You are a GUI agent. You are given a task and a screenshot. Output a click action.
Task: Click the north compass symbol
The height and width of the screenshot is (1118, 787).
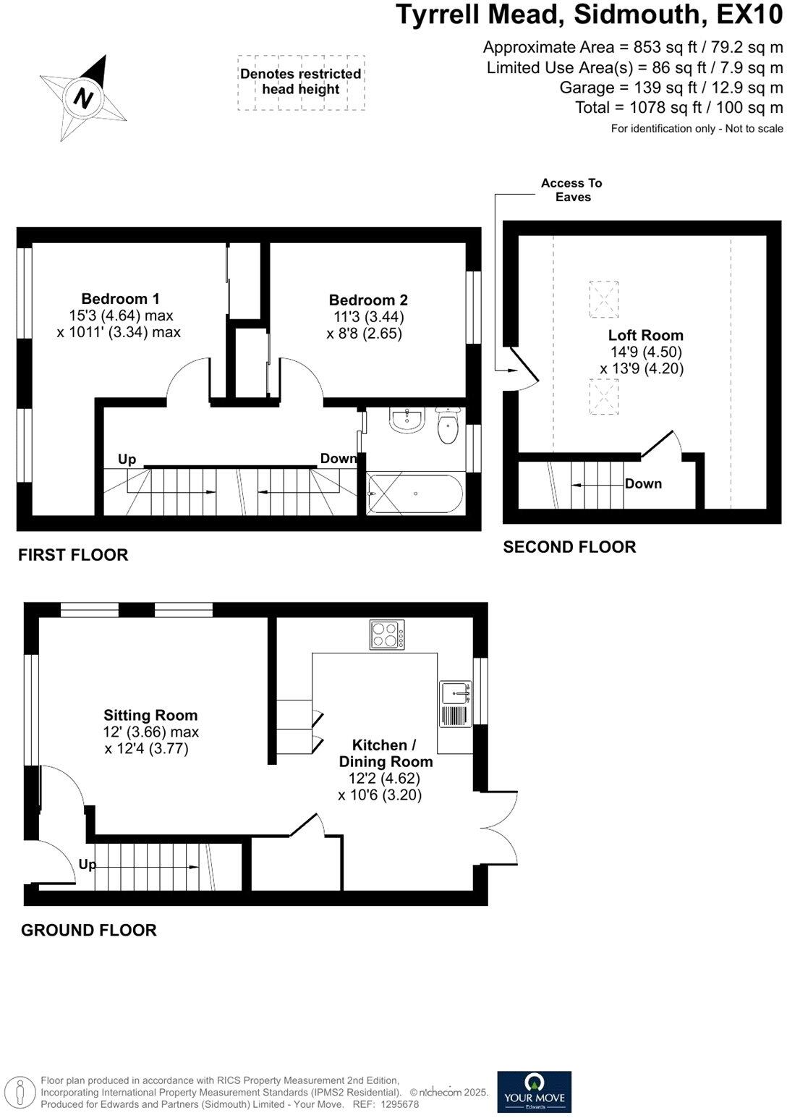84,97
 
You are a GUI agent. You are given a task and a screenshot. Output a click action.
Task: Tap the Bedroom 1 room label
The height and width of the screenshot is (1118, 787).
120,299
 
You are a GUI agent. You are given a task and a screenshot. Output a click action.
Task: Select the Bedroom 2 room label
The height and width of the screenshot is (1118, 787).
368,300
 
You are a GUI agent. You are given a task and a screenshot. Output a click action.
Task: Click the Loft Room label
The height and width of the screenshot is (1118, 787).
645,336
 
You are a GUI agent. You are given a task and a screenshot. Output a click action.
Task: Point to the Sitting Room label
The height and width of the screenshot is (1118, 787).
150,716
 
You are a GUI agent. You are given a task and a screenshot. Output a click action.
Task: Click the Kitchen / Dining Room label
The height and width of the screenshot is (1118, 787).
386,753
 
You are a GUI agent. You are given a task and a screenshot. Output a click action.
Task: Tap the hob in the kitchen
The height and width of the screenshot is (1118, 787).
387,635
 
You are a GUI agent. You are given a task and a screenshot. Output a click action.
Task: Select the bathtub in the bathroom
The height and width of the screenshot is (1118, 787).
414,494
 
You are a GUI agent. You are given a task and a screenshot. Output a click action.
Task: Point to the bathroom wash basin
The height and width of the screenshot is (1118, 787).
407,420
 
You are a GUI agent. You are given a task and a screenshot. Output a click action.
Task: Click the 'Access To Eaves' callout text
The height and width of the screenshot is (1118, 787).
571,190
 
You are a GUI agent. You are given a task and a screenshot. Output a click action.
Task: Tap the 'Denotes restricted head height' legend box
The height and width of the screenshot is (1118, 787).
301,82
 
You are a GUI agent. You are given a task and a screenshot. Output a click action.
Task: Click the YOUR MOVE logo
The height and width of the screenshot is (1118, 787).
535,1092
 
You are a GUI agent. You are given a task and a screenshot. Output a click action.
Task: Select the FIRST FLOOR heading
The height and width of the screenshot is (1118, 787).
73,555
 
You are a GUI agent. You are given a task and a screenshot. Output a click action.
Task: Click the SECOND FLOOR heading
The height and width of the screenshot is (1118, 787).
569,547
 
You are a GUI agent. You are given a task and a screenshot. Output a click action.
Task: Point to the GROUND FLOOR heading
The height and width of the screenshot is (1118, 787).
89,931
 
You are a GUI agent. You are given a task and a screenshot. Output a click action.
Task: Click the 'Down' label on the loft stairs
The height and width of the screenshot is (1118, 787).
643,483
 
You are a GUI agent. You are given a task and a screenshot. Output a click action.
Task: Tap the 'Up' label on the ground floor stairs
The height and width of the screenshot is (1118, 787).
88,865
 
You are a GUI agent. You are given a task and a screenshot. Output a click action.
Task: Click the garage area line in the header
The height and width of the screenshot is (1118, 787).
671,88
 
